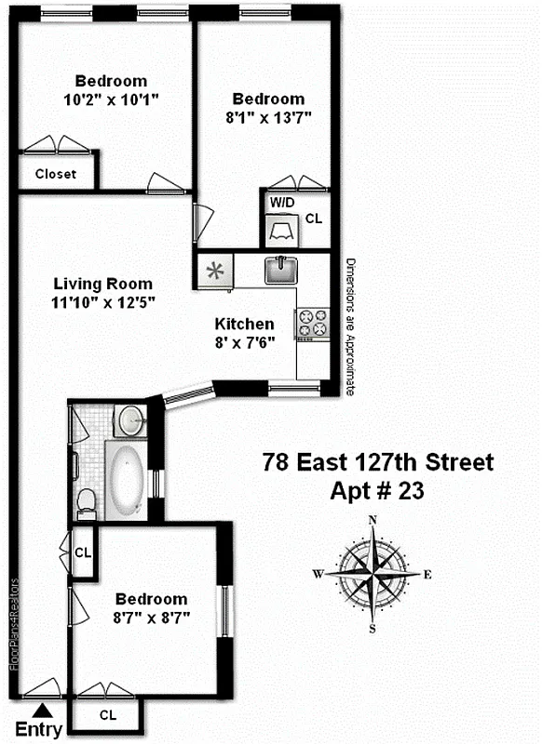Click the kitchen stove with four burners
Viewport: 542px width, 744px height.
[313, 323]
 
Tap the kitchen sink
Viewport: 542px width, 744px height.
[279, 271]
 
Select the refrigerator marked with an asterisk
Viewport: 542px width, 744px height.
[216, 272]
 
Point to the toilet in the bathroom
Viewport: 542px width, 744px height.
[86, 502]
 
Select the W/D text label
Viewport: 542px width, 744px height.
[280, 202]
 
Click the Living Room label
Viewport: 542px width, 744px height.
[102, 284]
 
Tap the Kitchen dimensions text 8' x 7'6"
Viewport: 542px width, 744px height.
[245, 341]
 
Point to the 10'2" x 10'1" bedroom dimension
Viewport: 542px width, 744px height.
[111, 99]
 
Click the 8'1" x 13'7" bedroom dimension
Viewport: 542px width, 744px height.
[268, 117]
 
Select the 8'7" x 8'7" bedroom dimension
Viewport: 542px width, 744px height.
[151, 617]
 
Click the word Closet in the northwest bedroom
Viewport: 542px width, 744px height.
[56, 174]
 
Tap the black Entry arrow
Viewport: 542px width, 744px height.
[37, 711]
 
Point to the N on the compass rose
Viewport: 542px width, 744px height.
[373, 520]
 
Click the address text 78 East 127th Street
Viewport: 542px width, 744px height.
[377, 462]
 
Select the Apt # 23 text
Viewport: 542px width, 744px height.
[377, 491]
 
